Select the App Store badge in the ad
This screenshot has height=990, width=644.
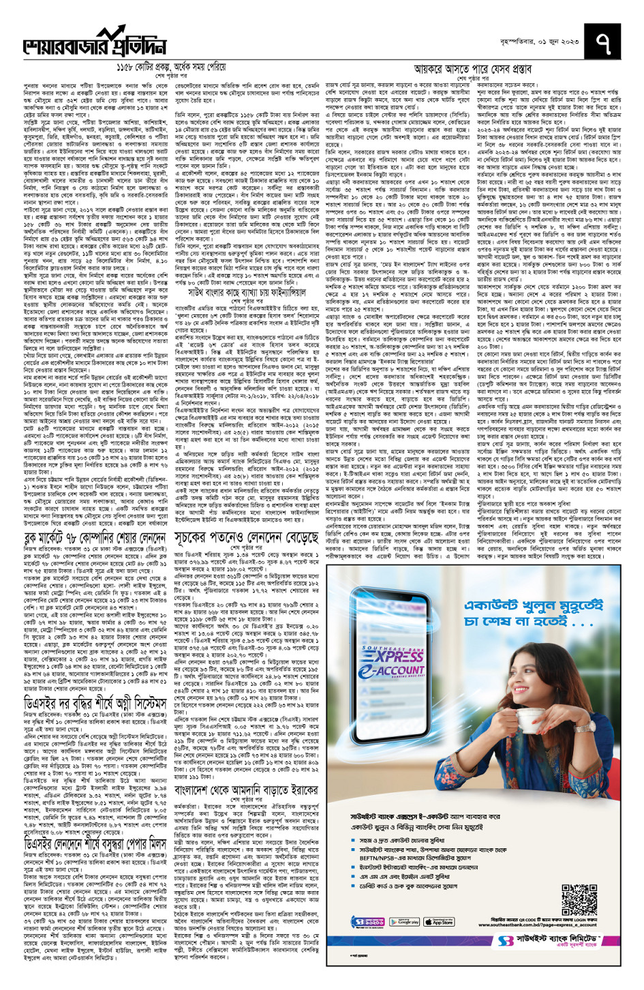pyautogui.click(x=440, y=921)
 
